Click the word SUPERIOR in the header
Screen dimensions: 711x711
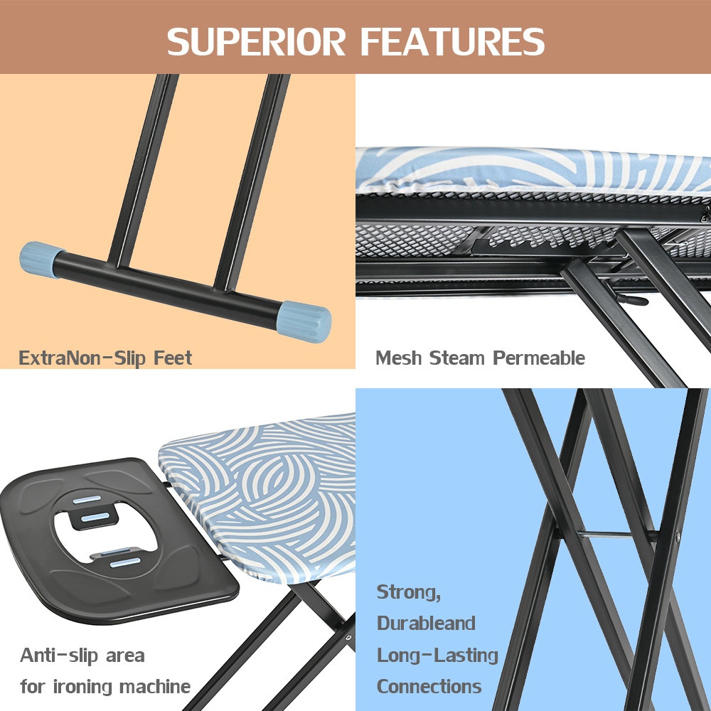[256, 42]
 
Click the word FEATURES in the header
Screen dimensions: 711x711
[452, 42]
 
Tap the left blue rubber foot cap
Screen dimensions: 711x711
[39, 260]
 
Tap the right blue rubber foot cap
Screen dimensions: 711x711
[304, 321]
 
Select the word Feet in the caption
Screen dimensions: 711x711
[173, 358]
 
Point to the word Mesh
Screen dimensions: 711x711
[399, 358]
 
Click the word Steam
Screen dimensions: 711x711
[457, 358]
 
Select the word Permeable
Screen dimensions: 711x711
[539, 358]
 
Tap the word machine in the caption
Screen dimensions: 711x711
[154, 687]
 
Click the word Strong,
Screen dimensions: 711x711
[409, 593]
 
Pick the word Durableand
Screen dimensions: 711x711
[426, 624]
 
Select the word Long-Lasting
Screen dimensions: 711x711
[437, 656]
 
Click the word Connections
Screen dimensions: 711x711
[429, 687]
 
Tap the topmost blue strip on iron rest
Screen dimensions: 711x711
[87, 500]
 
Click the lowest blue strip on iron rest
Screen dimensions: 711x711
[125, 562]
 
